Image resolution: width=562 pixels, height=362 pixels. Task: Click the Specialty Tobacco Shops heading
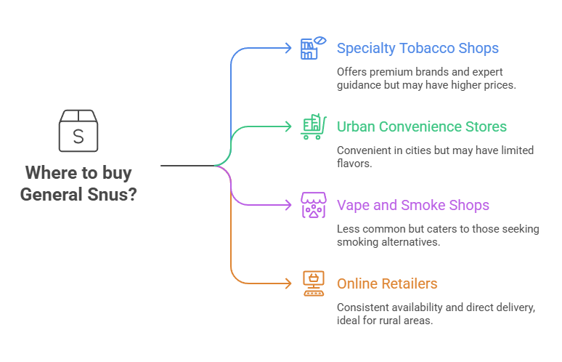[418, 49]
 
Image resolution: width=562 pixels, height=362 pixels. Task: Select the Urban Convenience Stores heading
[422, 126]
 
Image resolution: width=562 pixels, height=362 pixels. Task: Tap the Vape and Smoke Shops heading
[413, 205]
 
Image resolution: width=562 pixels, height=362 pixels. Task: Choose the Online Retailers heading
[387, 283]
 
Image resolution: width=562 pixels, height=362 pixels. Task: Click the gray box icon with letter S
[78, 131]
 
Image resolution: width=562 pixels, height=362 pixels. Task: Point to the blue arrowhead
[288, 48]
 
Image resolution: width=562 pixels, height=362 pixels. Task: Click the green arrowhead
[288, 126]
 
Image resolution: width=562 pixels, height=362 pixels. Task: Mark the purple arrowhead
[288, 205]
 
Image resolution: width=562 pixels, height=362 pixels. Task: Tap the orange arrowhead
[288, 283]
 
